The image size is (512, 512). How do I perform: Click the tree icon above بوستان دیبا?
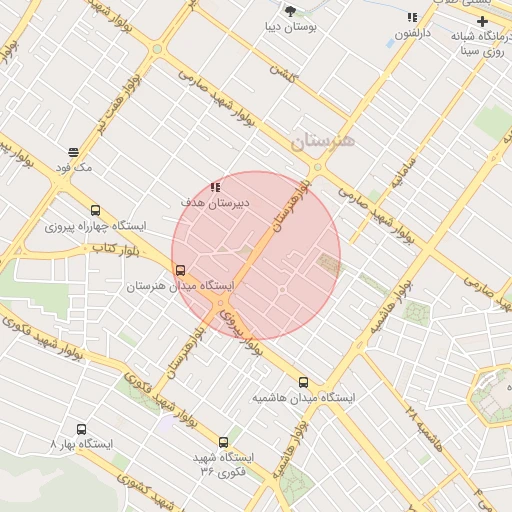pyautogui.click(x=291, y=11)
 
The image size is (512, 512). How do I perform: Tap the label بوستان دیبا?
pyautogui.click(x=291, y=29)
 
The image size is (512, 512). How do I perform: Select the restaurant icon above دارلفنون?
pyautogui.click(x=412, y=17)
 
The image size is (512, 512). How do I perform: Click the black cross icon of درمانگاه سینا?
pyautogui.click(x=482, y=21)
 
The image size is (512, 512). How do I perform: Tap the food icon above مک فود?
pyautogui.click(x=74, y=152)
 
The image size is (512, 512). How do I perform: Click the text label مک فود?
pyautogui.click(x=74, y=168)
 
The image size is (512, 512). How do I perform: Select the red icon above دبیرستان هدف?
pyautogui.click(x=215, y=186)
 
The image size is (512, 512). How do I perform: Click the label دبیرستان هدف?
pyautogui.click(x=214, y=202)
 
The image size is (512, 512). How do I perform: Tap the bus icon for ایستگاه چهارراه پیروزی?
pyautogui.click(x=95, y=211)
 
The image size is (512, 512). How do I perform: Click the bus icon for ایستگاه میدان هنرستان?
pyautogui.click(x=180, y=270)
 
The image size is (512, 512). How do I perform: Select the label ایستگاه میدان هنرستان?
pyautogui.click(x=179, y=286)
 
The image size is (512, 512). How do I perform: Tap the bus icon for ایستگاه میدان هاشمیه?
pyautogui.click(x=303, y=382)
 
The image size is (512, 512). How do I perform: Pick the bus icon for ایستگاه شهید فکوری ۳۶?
pyautogui.click(x=223, y=442)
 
